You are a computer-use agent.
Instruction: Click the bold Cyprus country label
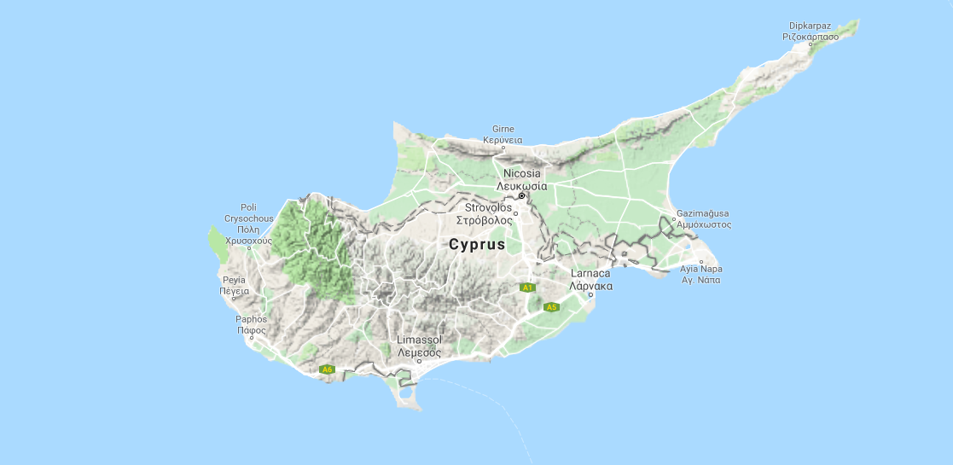(477, 245)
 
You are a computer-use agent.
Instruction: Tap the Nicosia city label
(521, 173)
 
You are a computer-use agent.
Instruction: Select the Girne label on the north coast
(503, 129)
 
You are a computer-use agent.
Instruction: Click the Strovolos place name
(488, 207)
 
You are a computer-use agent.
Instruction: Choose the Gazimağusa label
(703, 212)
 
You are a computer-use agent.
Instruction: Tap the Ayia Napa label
(700, 269)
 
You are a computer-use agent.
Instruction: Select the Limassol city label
(419, 340)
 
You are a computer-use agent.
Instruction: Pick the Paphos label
(252, 320)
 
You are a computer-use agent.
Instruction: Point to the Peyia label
(234, 279)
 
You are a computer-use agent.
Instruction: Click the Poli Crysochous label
(248, 207)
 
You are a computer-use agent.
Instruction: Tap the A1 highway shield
(527, 288)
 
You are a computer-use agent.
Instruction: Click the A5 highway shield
(551, 307)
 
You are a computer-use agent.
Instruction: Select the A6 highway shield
(326, 369)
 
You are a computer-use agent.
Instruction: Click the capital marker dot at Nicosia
(522, 195)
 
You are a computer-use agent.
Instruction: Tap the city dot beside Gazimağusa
(673, 219)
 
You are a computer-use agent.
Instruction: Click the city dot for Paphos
(252, 338)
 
